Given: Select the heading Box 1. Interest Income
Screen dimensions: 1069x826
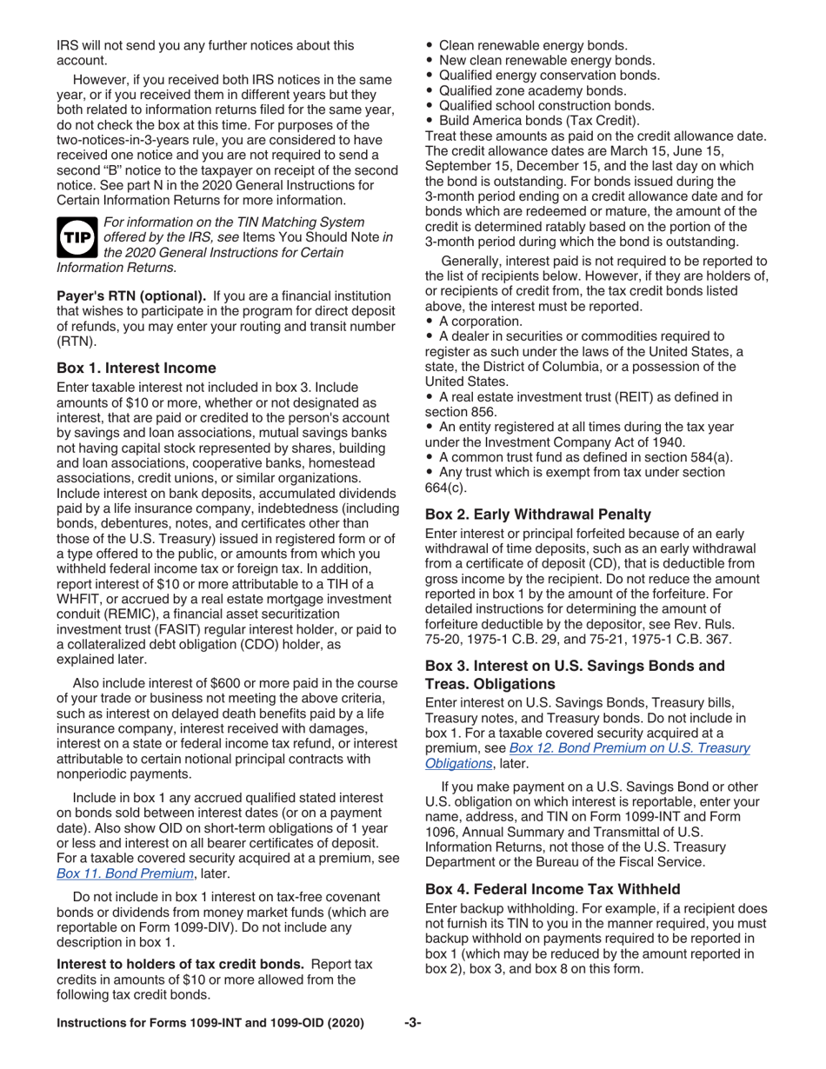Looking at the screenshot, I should tap(137, 368).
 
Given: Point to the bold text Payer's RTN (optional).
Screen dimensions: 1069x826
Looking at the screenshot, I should tap(131, 295).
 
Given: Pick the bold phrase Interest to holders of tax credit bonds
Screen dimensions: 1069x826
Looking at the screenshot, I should tap(180, 964).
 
